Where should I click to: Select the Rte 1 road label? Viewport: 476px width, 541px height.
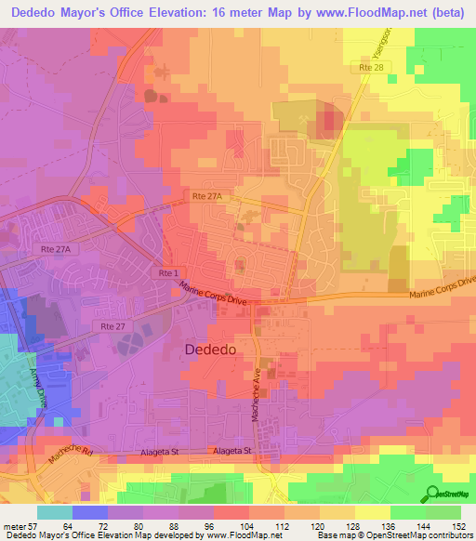coord(168,272)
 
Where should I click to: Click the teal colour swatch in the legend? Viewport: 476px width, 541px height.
coord(54,511)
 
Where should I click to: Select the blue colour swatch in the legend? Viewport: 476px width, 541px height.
coord(90,511)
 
